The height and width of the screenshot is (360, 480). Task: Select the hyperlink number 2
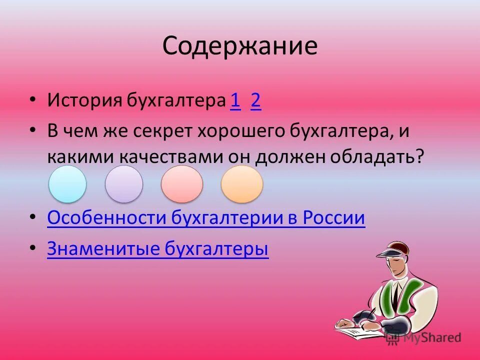pos(256,101)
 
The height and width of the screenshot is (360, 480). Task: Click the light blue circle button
pos(67,184)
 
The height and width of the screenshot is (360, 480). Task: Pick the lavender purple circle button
pos(124,184)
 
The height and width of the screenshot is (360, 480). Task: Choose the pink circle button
pos(182,184)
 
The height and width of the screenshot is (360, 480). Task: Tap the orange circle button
pos(242,184)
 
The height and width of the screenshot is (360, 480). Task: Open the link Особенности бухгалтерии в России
pos(206,218)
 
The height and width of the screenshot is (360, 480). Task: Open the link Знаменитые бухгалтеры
pos(158,249)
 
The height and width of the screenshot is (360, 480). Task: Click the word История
pos(85,101)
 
